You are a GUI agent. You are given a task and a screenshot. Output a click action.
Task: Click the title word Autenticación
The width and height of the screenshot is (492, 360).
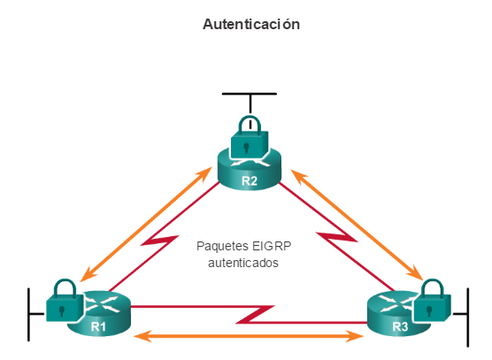pos(251,24)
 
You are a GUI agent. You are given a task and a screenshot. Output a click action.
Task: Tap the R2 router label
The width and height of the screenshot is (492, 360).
pos(250,181)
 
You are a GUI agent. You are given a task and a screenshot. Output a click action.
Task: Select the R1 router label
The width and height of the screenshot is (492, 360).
pos(98,326)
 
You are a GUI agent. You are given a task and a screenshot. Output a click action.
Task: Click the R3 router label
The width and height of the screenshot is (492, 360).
pos(400,326)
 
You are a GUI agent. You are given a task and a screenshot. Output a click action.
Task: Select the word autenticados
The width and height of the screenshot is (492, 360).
pos(243,263)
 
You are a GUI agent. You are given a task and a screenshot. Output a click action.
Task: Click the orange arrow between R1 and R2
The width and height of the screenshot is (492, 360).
pos(146,224)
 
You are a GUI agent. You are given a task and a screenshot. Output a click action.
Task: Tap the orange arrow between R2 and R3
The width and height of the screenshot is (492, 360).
pos(357,225)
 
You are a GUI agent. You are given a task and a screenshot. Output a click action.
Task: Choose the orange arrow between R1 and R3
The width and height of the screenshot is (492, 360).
pos(249,336)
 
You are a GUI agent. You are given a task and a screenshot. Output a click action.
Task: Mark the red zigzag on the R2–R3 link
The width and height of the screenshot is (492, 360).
pos(336,237)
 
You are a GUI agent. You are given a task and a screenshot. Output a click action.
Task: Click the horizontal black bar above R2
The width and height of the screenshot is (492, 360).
pos(250,94)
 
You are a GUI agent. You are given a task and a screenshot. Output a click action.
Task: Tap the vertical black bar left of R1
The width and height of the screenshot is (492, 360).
pos(28,314)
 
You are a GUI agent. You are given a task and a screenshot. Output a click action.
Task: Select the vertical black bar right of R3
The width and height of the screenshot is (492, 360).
pos(468,318)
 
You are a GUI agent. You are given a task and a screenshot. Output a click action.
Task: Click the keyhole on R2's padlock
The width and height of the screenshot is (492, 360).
pos(247,148)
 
